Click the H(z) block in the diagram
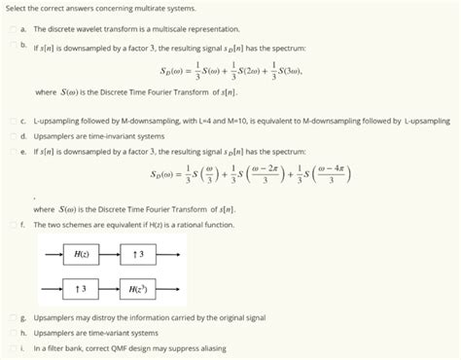tap(83, 254)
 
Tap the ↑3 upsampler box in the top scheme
tap(139, 254)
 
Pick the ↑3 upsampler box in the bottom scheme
tap(83, 289)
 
